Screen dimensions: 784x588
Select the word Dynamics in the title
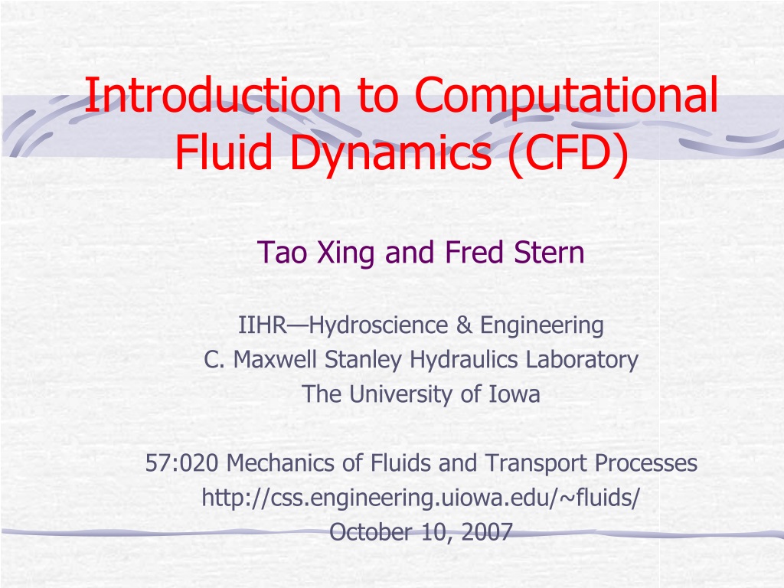(x=390, y=152)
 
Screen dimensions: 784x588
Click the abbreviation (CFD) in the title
(x=567, y=152)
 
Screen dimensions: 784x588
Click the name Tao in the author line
(x=283, y=253)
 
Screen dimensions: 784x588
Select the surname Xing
(x=345, y=253)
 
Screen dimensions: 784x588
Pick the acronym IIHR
(x=263, y=325)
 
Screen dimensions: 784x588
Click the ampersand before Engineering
(x=463, y=325)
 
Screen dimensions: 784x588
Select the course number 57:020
(x=182, y=463)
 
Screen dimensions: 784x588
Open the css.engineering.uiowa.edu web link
(x=420, y=498)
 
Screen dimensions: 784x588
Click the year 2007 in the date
(x=487, y=532)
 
